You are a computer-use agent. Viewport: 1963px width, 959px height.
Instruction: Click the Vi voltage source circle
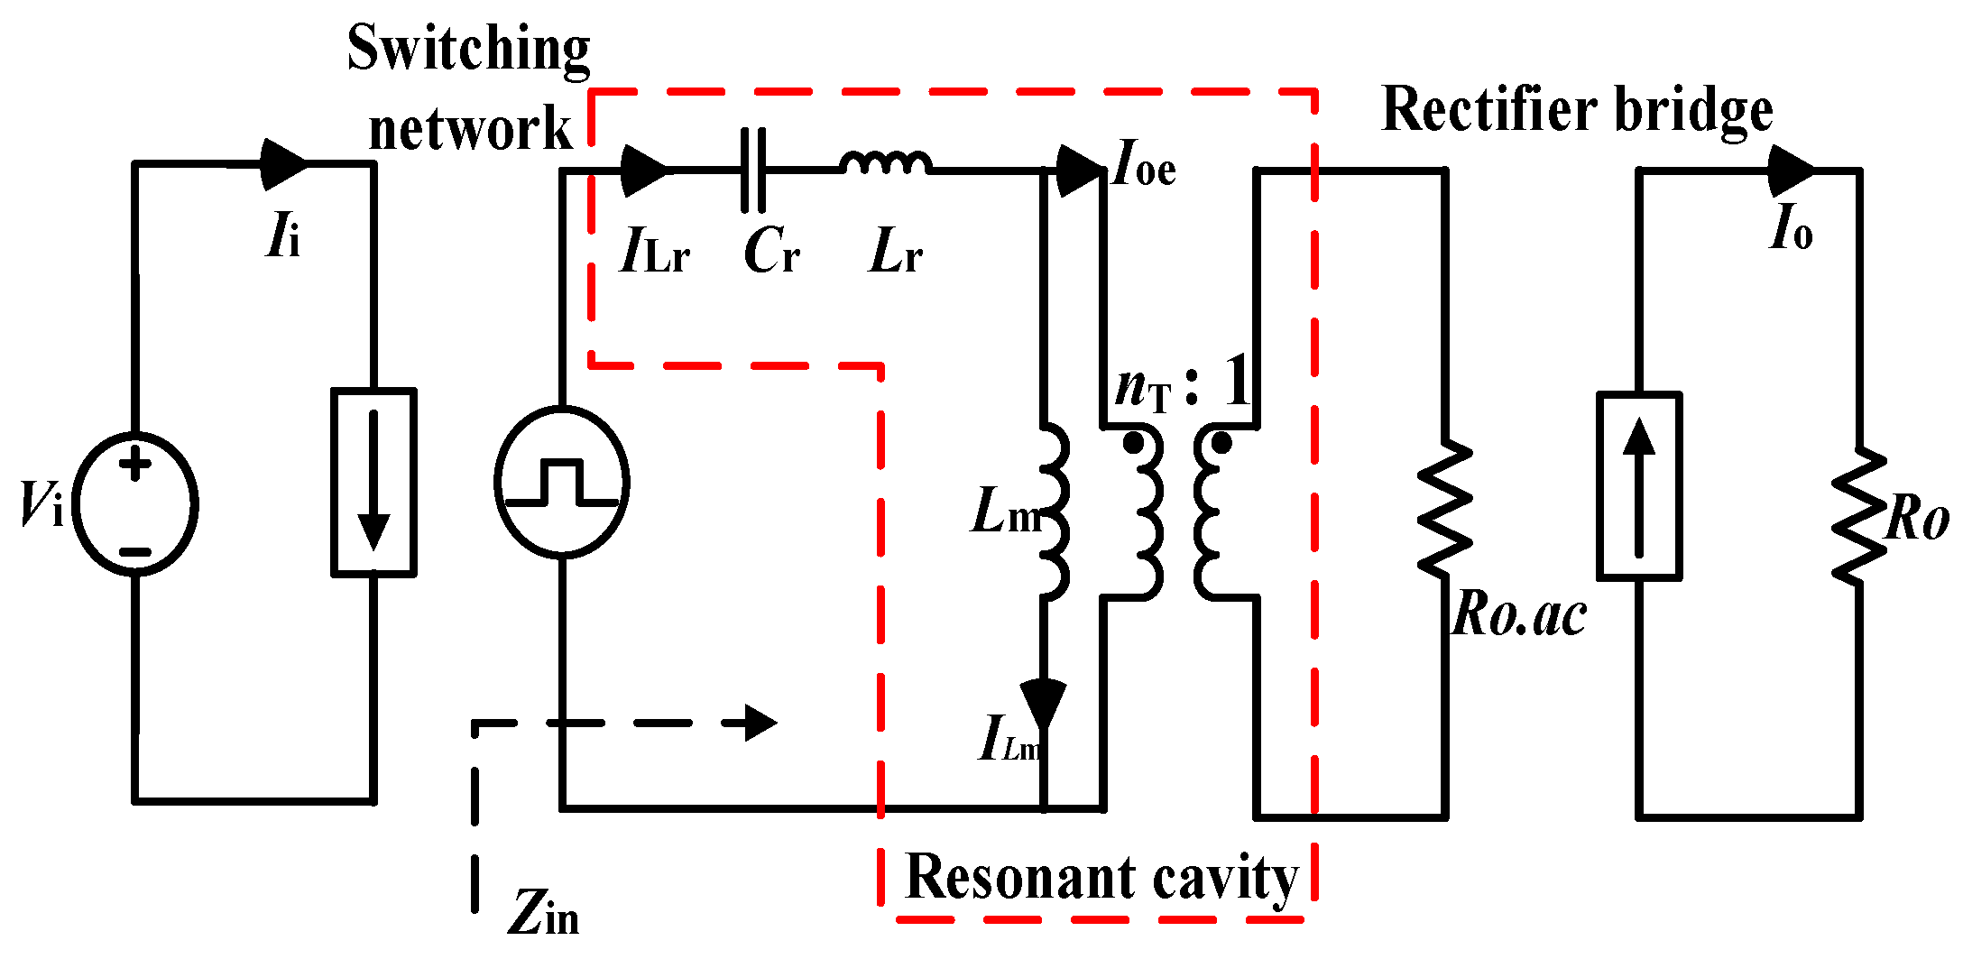(135, 503)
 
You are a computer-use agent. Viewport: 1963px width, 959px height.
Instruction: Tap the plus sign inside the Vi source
(136, 465)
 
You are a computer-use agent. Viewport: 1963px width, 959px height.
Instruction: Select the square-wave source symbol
(561, 482)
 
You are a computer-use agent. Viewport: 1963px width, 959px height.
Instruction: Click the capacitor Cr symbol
(753, 170)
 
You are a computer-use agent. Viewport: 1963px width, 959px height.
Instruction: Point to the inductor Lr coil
(885, 163)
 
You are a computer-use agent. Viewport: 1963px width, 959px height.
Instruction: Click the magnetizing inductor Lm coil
(1054, 511)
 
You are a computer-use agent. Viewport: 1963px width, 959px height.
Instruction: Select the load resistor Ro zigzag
(1858, 515)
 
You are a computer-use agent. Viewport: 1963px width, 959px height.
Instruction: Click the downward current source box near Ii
(373, 482)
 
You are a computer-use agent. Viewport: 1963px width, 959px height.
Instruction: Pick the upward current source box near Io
(1639, 485)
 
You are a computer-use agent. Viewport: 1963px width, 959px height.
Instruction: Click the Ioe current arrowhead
(1079, 170)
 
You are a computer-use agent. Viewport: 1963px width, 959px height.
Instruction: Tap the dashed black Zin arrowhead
(760, 723)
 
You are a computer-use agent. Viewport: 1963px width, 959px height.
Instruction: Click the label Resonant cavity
(1101, 878)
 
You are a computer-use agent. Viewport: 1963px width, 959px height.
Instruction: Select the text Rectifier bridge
(1577, 110)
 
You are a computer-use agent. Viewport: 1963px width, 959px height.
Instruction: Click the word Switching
(468, 49)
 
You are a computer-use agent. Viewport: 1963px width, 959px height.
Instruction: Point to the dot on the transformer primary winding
(1133, 443)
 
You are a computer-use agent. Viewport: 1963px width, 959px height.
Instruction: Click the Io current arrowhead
(1790, 170)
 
